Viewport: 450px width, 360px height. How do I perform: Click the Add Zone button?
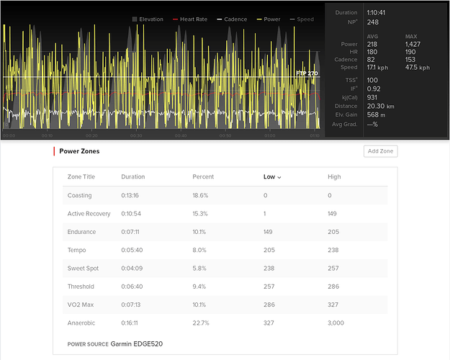pyautogui.click(x=380, y=151)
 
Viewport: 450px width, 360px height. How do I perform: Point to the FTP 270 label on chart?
pyautogui.click(x=307, y=73)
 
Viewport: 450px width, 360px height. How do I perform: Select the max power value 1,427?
pyautogui.click(x=417, y=45)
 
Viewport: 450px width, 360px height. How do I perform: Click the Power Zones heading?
pyautogui.click(x=79, y=151)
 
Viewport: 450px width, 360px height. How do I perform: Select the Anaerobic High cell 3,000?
pyautogui.click(x=336, y=323)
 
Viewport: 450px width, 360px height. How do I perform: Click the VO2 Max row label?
pyautogui.click(x=81, y=305)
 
